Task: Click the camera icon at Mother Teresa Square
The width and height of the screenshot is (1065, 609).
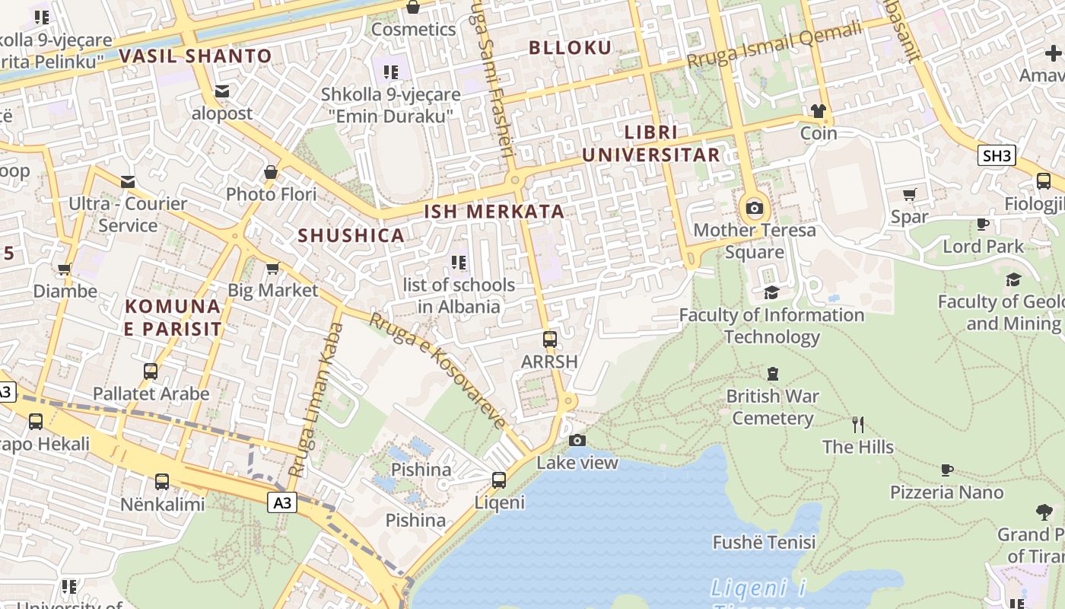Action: coord(755,208)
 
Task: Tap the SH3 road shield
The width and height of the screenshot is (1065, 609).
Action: coord(997,156)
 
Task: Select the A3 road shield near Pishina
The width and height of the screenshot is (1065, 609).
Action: coord(281,502)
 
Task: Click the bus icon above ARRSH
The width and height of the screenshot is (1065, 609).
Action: coord(550,340)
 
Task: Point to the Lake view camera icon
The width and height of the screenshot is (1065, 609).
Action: coord(577,440)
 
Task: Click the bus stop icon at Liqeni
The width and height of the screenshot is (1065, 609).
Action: coord(499,480)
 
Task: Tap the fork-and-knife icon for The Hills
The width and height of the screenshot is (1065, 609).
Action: coord(858,425)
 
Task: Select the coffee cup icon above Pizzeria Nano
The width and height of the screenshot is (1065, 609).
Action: coord(947,470)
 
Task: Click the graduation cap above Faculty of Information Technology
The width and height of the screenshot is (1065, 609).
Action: coord(771,292)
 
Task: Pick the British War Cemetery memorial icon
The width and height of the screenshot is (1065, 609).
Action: coord(773,374)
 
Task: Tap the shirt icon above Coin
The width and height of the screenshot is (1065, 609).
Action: coord(819,111)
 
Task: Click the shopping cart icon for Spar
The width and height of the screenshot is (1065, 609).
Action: coord(909,194)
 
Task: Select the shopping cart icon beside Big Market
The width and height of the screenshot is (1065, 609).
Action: coord(272,268)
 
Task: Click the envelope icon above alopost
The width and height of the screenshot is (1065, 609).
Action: coord(222,91)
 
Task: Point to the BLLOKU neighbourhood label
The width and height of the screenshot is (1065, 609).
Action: coord(570,48)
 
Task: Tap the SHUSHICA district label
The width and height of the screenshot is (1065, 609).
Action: coord(351,235)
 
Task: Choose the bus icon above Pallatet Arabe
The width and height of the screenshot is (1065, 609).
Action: coord(151,371)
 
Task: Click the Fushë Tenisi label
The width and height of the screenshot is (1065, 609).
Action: coord(764,542)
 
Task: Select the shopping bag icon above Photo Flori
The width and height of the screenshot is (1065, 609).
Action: coord(271,172)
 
